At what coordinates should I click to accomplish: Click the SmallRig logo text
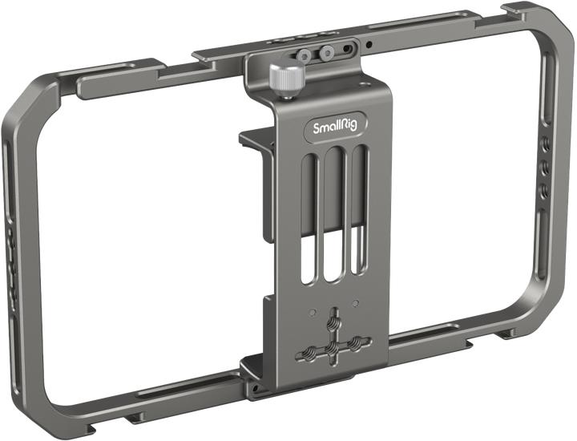tap(329, 127)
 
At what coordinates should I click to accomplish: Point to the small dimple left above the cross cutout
tap(314, 313)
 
